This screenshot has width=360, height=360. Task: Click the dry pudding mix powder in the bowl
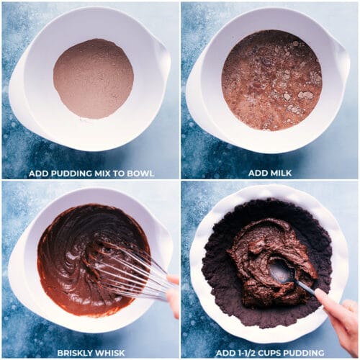pyautogui.click(x=93, y=78)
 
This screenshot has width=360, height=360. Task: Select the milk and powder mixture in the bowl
pyautogui.click(x=271, y=78)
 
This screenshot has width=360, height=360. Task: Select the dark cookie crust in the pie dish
pyautogui.click(x=223, y=288)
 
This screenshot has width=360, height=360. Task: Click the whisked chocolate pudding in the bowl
pyautogui.click(x=68, y=252)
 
